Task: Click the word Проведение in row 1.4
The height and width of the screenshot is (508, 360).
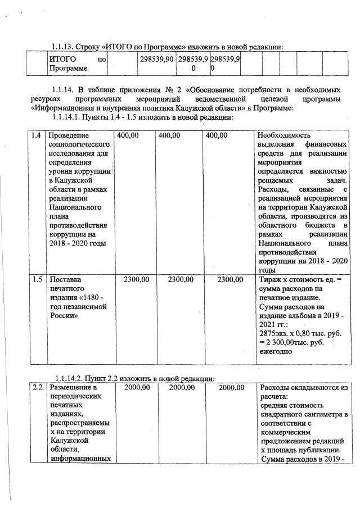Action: click(x=70, y=135)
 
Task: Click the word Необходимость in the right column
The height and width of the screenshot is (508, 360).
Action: click(x=285, y=135)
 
